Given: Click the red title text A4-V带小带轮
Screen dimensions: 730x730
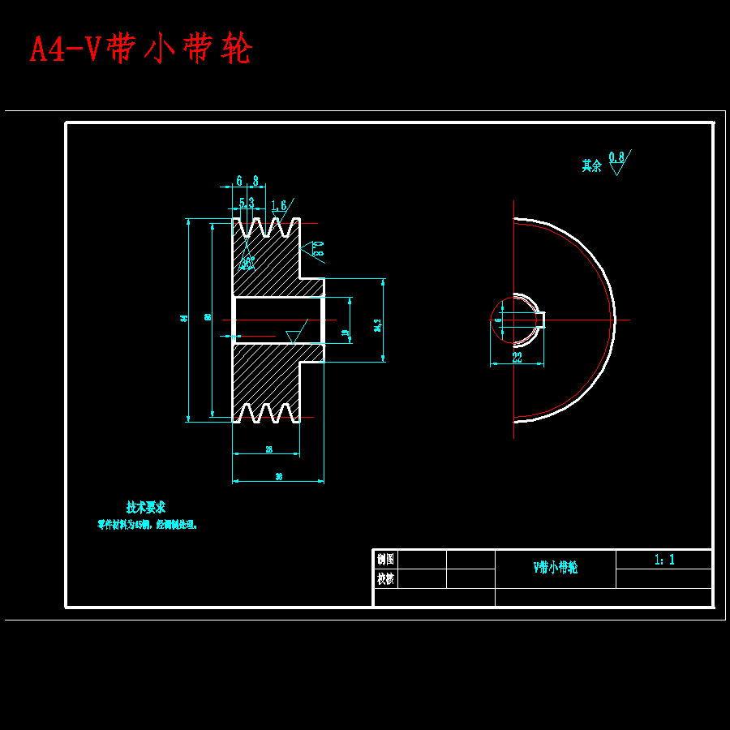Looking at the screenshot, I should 141,49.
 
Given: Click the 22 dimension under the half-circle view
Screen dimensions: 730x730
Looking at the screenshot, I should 517,355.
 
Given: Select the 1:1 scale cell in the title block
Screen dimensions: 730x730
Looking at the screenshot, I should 664,560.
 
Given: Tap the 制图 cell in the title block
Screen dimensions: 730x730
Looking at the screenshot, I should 385,559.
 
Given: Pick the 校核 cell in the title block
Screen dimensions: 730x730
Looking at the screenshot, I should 385,578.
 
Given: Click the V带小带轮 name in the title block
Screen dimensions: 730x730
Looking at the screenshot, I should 556,568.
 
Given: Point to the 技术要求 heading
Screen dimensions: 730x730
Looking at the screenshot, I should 146,507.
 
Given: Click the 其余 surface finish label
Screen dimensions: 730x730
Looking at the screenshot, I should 591,165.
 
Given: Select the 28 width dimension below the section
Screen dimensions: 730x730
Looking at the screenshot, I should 268,449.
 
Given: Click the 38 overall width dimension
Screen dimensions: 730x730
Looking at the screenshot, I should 278,477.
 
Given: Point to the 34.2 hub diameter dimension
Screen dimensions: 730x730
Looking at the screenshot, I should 377,324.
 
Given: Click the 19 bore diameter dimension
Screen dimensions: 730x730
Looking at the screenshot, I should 346,332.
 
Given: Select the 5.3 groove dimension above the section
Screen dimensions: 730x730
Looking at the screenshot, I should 247,202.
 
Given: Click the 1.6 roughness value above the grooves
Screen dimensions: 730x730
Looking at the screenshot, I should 279,205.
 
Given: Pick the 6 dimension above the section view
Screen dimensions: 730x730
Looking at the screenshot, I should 239,181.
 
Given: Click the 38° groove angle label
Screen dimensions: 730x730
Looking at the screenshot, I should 247,262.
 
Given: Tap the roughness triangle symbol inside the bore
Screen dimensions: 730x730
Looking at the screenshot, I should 292,335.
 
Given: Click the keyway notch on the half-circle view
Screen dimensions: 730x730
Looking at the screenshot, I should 539,320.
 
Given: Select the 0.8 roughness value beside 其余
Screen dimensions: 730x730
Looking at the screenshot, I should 616,157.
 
